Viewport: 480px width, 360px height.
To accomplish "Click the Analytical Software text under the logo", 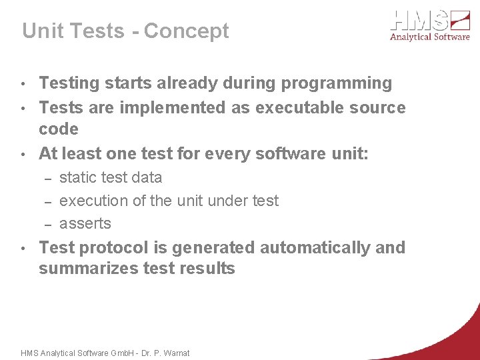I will (x=430, y=37).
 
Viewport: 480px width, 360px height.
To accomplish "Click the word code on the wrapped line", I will (x=58, y=129).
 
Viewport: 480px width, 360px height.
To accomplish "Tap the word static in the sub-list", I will (x=77, y=177).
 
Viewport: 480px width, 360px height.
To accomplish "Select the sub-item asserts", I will (x=85, y=223).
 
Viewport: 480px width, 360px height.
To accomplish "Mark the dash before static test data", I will (x=48, y=178).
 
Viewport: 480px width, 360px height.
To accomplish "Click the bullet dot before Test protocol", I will (x=23, y=249).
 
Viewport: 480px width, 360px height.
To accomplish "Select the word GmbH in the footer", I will (x=122, y=353).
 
